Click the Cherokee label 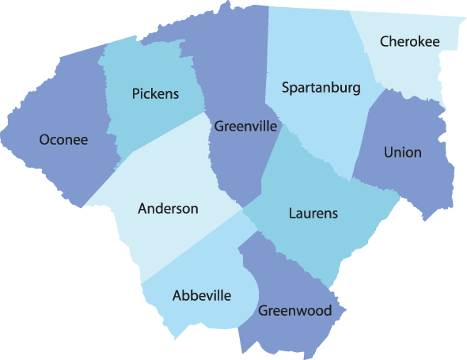[x=411, y=40]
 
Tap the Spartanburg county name [x=321, y=87]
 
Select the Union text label [x=402, y=152]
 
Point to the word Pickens [x=155, y=94]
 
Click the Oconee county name [x=63, y=140]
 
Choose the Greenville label [x=245, y=126]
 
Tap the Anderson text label [x=168, y=209]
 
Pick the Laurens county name [x=313, y=213]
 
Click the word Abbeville [x=202, y=295]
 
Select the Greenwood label [x=294, y=310]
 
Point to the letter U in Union [x=388, y=152]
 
